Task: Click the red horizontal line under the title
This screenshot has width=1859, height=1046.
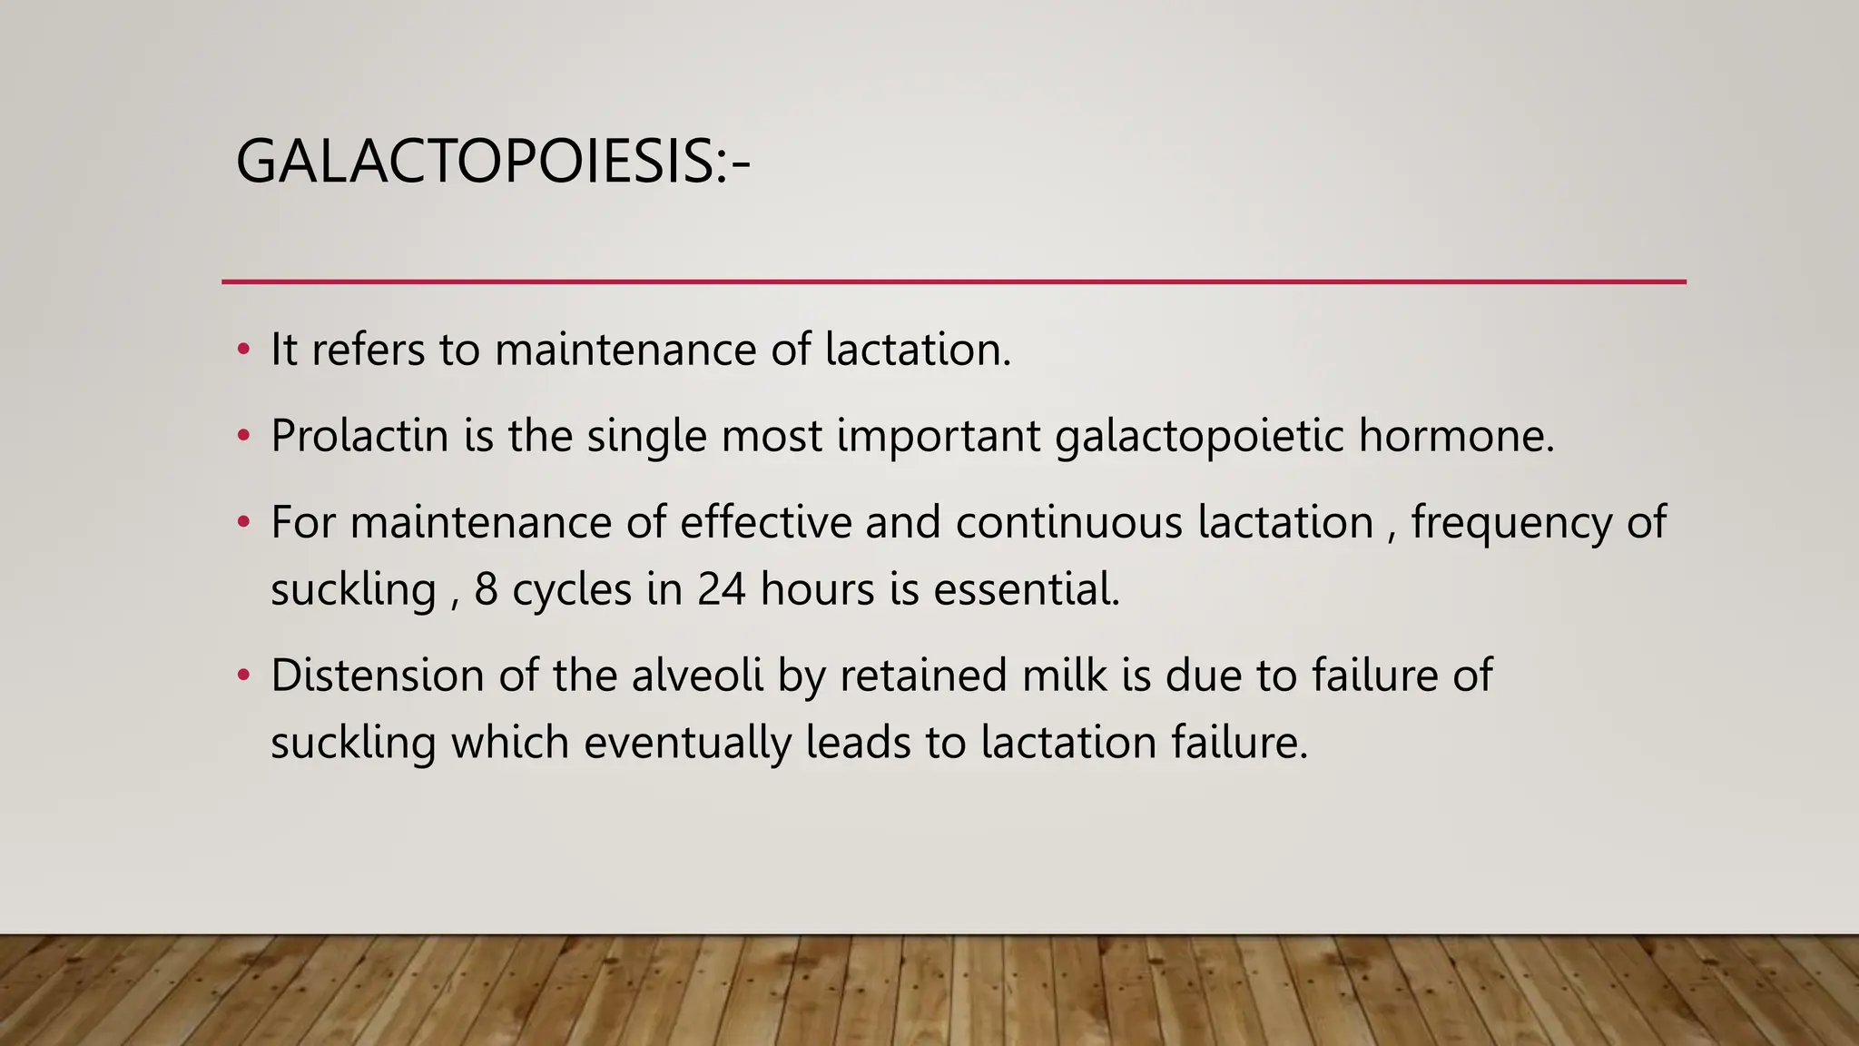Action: (x=953, y=282)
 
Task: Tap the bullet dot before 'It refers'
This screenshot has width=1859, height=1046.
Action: (x=242, y=350)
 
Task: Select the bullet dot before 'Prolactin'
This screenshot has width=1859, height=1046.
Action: (x=242, y=436)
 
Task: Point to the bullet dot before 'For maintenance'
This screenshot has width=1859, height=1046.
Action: (x=242, y=522)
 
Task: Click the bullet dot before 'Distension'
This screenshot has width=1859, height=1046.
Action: (x=242, y=676)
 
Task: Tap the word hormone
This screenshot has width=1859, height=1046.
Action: (x=1456, y=436)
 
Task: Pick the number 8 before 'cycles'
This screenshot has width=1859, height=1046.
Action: (x=487, y=589)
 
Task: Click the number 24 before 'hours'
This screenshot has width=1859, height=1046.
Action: (x=722, y=589)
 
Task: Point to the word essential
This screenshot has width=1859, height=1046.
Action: (x=1027, y=589)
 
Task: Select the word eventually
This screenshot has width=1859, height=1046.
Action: (x=687, y=744)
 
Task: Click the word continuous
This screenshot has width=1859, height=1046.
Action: (x=1068, y=522)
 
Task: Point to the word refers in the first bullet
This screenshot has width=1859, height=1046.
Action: (x=368, y=350)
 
